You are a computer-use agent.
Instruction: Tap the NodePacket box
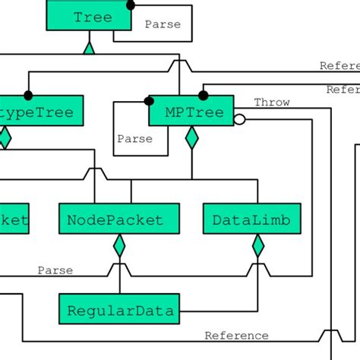pos(119,219)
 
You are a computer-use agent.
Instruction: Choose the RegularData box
pos(119,310)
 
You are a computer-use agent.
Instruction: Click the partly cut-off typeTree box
pos(38,112)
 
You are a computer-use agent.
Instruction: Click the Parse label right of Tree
pos(163,24)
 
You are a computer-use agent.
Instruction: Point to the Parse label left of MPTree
pos(134,139)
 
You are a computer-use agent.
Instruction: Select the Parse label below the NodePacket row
pos(55,270)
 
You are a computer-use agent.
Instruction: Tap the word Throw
pos(271,103)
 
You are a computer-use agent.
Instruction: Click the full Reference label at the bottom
pos(236,336)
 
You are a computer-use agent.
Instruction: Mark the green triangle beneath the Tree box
pos(89,49)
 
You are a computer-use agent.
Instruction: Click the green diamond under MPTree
pos(191,137)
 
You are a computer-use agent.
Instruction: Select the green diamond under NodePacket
pos(119,246)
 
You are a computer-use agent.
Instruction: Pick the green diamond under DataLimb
pos(257,246)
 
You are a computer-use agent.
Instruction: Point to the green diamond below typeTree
pos(5,137)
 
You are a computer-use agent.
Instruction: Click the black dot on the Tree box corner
pos(131,5)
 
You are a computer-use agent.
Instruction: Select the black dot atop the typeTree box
pos(29,95)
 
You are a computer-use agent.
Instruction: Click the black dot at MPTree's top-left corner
pos(150,99)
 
